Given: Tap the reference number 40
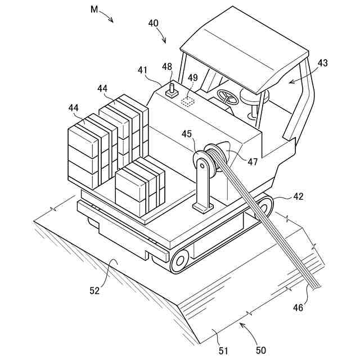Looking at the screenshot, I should point(153,23).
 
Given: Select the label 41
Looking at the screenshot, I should point(143,70).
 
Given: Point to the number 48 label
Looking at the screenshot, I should point(167,66).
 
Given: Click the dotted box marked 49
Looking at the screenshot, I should point(188,101).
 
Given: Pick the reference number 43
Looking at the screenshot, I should point(322,64).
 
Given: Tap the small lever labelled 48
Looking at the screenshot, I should point(171,89).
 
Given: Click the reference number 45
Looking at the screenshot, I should point(187,133).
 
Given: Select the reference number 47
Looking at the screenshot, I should point(252,161).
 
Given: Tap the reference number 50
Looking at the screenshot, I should point(261,349).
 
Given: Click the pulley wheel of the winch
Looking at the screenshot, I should point(203,164).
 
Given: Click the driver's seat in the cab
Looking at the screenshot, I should point(251,96).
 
